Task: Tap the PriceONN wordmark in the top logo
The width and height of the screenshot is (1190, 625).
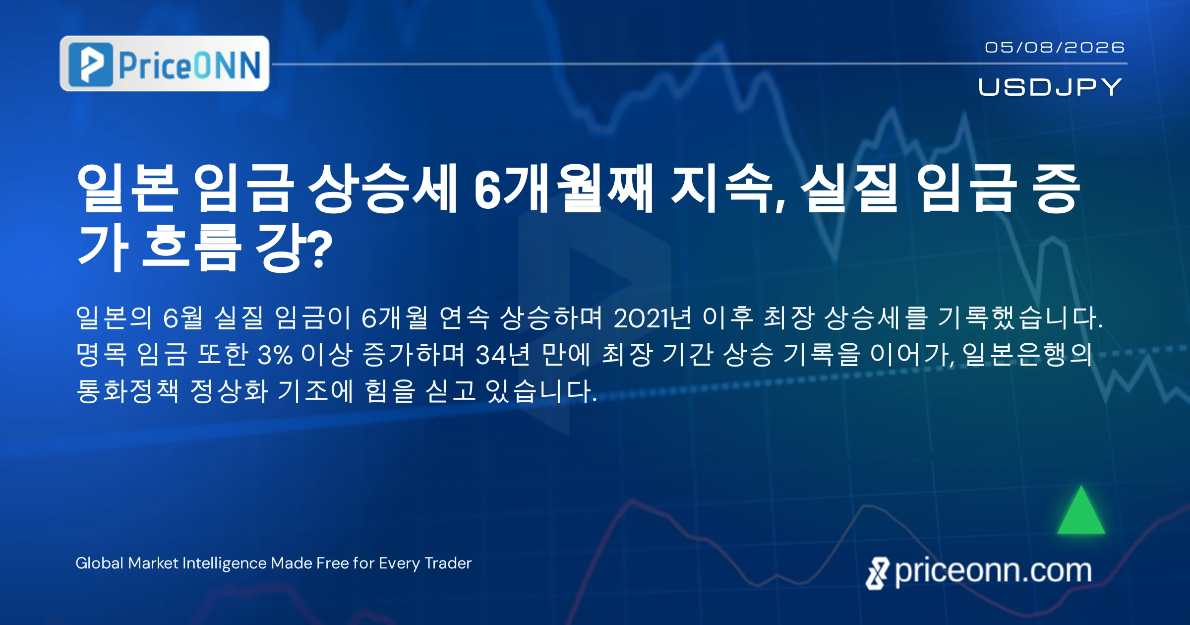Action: [x=189, y=65]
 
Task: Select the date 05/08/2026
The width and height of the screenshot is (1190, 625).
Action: [x=1055, y=47]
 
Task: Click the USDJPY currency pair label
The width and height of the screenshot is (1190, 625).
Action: [x=1050, y=87]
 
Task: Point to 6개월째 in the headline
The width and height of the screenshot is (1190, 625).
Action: [x=563, y=188]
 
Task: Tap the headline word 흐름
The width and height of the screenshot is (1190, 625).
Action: [x=191, y=247]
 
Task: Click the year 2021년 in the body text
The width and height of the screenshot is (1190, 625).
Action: [x=652, y=317]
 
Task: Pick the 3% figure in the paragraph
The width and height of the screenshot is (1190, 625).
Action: [x=275, y=355]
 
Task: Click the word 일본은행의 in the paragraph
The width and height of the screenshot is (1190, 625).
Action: [x=1027, y=355]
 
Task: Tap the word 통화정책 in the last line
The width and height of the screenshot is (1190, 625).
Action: [x=127, y=391]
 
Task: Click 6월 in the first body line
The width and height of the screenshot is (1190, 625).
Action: [x=183, y=317]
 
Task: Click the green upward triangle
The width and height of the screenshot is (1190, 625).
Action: [x=1081, y=511]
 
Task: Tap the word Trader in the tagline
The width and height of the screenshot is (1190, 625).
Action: [x=448, y=563]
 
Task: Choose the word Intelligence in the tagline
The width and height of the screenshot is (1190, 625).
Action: [x=225, y=563]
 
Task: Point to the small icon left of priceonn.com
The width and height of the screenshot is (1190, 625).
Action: [x=877, y=573]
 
